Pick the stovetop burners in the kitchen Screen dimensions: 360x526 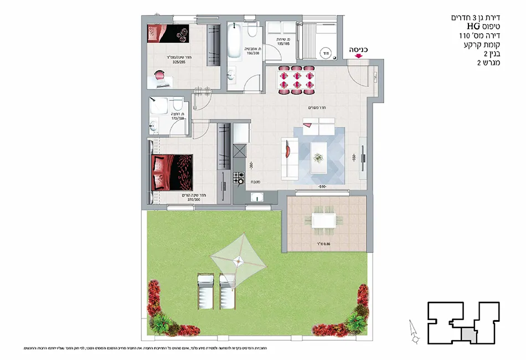point(240,178)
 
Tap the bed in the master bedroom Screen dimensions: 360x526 point(172,172)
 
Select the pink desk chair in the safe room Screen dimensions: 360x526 point(160,76)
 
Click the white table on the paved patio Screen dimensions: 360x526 point(323,220)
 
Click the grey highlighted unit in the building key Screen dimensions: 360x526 point(468,335)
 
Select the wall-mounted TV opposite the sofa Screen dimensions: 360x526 point(363,158)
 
